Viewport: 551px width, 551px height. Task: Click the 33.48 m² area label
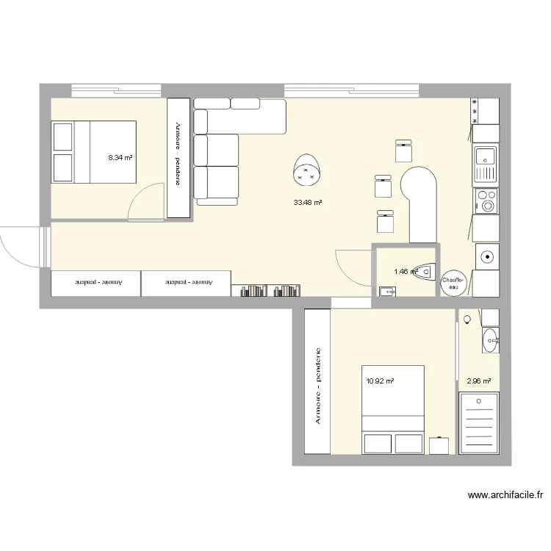click(x=308, y=203)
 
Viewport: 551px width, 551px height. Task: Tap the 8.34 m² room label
click(x=120, y=157)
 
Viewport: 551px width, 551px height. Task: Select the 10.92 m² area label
click(x=380, y=381)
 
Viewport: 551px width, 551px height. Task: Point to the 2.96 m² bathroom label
click(x=478, y=381)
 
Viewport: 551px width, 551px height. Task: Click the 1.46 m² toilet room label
click(x=405, y=272)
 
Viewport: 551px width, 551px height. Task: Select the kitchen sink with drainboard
click(x=485, y=163)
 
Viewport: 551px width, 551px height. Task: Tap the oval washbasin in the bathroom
click(x=490, y=339)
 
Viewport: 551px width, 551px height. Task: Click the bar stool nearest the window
click(x=403, y=150)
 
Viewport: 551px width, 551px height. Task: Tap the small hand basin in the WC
click(x=387, y=292)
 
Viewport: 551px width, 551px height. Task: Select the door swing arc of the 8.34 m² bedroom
click(x=144, y=200)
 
